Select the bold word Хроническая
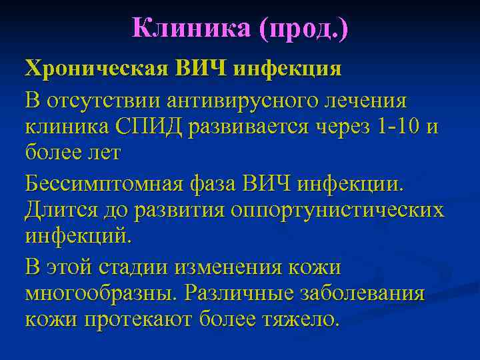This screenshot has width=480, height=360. pyautogui.click(x=91, y=69)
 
